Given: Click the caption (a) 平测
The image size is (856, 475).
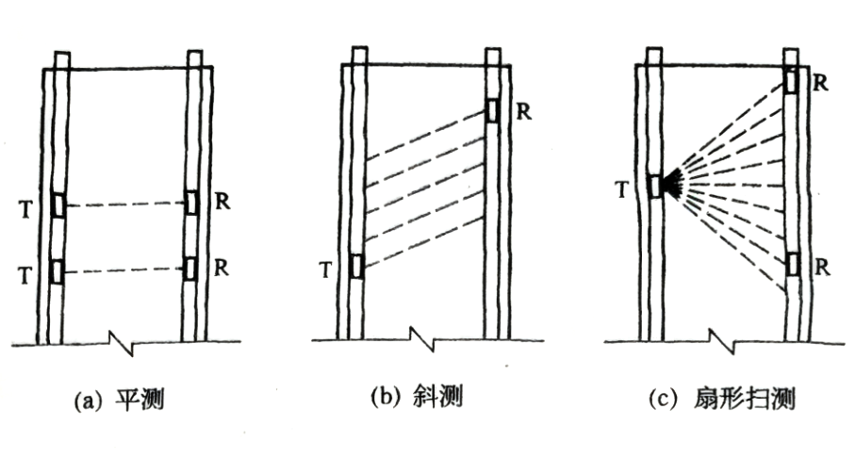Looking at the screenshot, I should pos(121,400).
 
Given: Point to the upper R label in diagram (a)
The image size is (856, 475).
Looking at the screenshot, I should pos(220,202).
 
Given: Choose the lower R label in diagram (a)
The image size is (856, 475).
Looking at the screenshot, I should pos(220,267).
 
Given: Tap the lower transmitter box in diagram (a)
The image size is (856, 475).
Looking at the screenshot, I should pos(58,270).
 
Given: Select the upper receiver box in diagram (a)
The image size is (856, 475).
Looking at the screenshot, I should pos(191,204).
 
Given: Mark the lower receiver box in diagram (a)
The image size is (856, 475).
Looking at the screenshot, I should pos(191,269).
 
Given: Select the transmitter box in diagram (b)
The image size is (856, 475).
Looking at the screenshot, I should pos(356,267).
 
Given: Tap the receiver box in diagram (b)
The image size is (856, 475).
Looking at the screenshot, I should pos(493,110).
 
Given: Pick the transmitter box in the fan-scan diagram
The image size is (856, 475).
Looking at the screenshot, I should pos(655,186).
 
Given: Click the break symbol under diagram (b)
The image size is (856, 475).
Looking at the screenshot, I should pos(416,338).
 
